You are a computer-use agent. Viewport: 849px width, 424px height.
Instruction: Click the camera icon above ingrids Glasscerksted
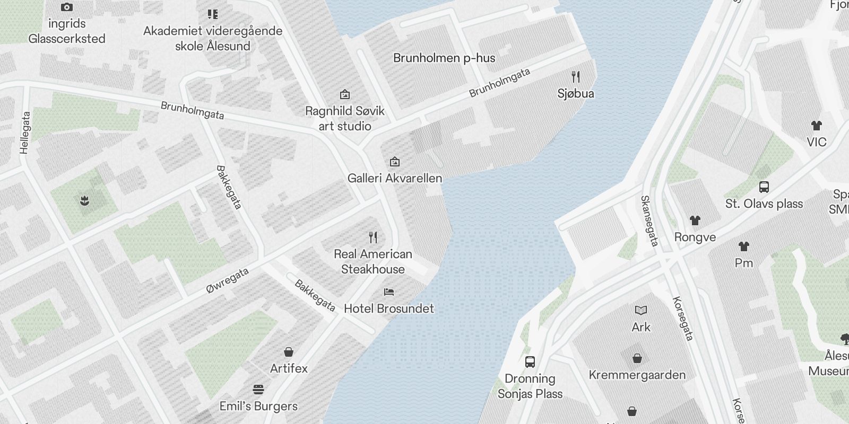[67, 7]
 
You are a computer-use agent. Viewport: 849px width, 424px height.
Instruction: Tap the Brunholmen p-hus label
[444, 58]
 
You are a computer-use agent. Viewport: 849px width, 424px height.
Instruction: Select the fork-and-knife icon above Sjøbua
[576, 77]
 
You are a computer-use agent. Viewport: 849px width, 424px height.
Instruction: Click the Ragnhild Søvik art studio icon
[345, 95]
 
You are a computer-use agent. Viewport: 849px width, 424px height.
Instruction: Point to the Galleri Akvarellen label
[395, 178]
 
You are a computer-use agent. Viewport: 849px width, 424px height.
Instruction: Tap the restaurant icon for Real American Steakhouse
[373, 237]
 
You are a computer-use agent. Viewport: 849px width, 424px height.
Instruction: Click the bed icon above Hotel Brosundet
[389, 292]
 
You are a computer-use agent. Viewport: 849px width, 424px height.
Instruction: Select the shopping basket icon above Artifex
[289, 352]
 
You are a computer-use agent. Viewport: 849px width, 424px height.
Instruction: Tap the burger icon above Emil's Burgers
[258, 390]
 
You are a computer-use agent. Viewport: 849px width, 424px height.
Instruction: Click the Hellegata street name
[25, 132]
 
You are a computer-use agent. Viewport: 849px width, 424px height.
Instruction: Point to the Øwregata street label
[228, 281]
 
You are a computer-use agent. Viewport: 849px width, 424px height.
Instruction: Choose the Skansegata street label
[649, 221]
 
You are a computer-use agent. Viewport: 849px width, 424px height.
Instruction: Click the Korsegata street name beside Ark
[683, 318]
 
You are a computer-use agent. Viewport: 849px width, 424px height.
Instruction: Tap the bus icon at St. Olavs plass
[764, 187]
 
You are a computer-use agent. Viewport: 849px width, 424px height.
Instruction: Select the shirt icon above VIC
[817, 126]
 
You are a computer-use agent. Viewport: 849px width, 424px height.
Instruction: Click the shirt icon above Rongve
[695, 220]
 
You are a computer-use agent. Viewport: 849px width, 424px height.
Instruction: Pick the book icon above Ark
[641, 311]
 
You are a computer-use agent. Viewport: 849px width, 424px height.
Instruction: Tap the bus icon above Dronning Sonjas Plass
[530, 362]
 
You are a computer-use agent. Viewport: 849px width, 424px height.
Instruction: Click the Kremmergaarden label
[637, 375]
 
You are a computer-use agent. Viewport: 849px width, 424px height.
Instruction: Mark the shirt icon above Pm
[744, 246]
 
